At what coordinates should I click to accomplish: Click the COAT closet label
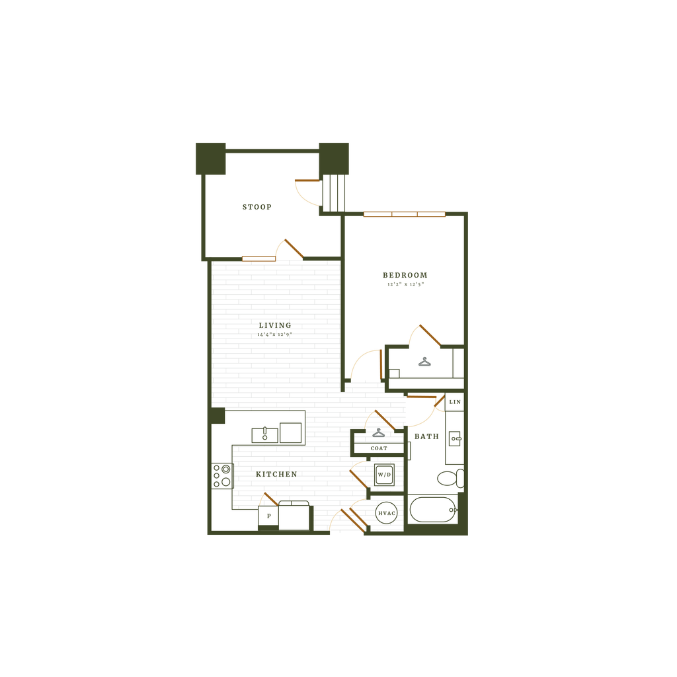(379, 448)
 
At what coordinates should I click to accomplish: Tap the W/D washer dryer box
(384, 475)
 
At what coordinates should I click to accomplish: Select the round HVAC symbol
(386, 513)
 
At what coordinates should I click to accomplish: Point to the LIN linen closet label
(454, 402)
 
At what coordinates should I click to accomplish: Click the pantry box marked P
(268, 516)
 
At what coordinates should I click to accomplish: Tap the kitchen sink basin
(264, 434)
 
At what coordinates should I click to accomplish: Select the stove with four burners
(221, 475)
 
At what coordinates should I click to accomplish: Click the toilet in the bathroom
(450, 478)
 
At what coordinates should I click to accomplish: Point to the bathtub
(432, 510)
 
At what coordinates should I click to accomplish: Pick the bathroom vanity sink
(455, 437)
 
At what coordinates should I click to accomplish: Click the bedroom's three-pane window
(405, 214)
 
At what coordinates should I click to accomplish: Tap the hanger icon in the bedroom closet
(423, 362)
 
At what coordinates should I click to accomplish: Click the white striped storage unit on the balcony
(334, 192)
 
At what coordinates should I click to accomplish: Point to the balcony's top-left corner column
(210, 159)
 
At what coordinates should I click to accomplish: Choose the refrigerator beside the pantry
(294, 516)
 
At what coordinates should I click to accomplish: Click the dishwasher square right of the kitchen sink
(290, 432)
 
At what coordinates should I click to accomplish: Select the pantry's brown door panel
(270, 498)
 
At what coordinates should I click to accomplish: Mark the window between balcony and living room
(259, 258)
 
